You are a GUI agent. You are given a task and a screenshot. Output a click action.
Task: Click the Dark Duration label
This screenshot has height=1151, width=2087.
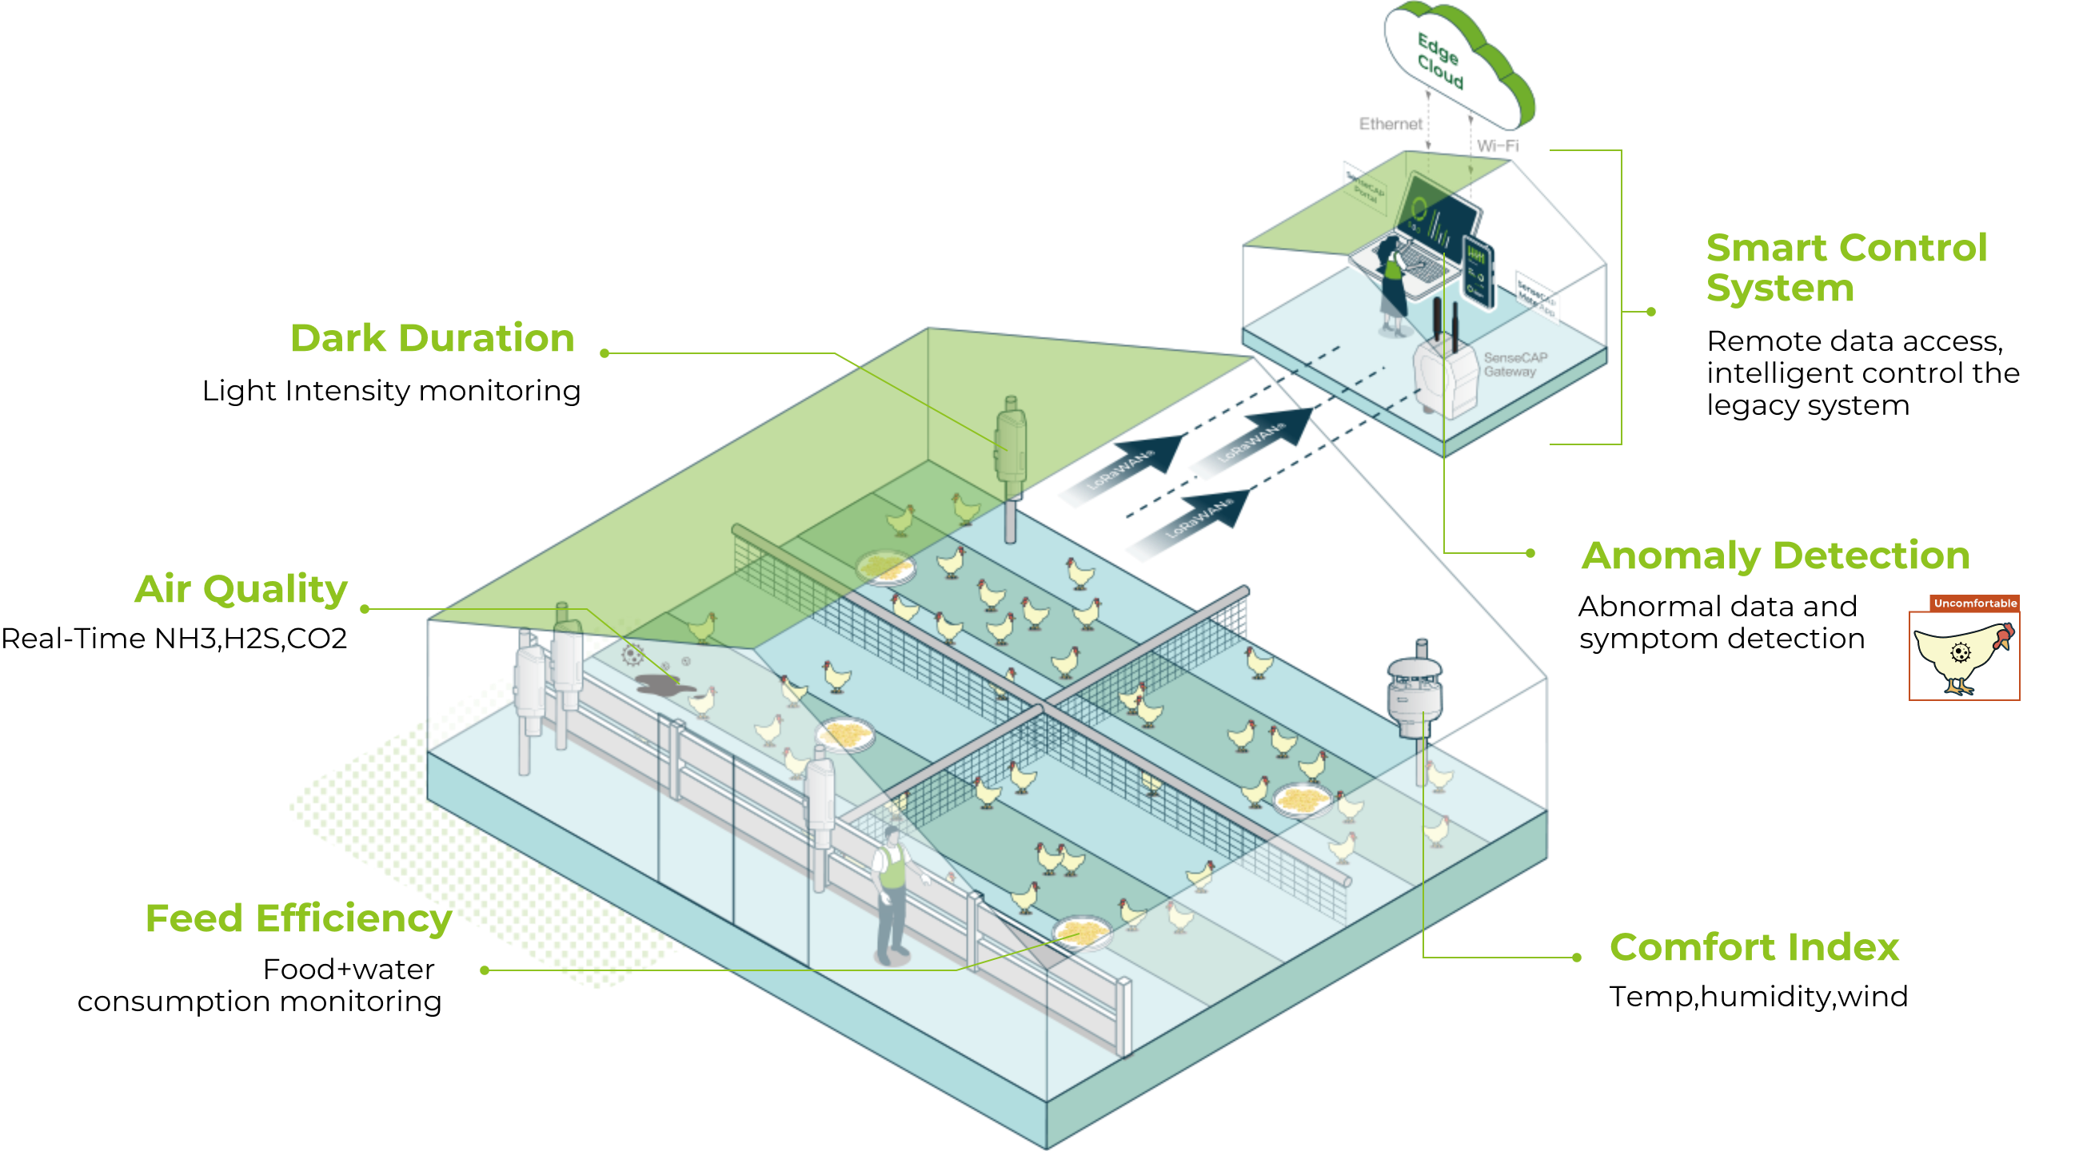[x=432, y=339]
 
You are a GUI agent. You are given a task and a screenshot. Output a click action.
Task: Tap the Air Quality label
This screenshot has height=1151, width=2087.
[x=241, y=590]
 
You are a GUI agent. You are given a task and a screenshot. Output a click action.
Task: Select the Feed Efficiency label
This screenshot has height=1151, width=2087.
[x=297, y=918]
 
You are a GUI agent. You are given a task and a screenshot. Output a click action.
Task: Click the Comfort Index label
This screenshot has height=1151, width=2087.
[x=1754, y=947]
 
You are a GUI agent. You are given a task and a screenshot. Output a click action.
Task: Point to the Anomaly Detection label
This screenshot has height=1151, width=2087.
[x=1775, y=556]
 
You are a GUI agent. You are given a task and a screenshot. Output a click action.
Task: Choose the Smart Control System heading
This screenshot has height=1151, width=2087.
[x=1846, y=267]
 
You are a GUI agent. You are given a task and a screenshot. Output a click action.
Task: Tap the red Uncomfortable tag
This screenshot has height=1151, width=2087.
[x=1974, y=603]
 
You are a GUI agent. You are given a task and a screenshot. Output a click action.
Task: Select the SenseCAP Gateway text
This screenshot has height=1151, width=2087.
[x=1515, y=364]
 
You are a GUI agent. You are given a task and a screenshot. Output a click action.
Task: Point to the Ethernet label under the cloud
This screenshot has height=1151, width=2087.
[x=1391, y=125]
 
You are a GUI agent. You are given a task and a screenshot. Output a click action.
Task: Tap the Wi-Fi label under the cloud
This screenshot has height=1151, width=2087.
[x=1497, y=146]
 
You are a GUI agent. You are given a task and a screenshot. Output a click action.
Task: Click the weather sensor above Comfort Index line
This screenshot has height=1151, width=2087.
[x=1414, y=688]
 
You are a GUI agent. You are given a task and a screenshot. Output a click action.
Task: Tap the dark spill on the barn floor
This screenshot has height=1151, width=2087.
[x=663, y=684]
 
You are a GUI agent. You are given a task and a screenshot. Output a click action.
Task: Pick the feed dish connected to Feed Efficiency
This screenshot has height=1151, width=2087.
[x=1082, y=932]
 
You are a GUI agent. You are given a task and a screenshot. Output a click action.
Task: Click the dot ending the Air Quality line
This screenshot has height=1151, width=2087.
[x=365, y=609]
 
